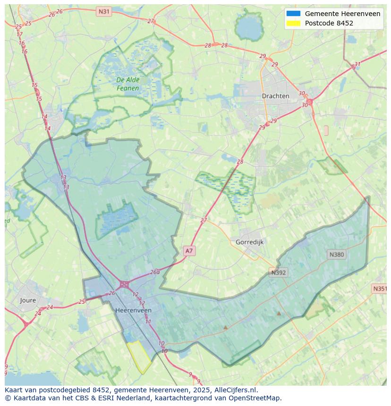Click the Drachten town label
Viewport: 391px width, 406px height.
(275, 96)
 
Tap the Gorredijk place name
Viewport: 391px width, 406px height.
(249, 242)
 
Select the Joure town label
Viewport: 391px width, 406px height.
(28, 300)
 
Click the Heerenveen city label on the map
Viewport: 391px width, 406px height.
(134, 310)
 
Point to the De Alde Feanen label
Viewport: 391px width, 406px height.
(127, 84)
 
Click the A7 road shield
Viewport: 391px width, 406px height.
(189, 251)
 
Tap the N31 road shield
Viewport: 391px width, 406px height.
(103, 11)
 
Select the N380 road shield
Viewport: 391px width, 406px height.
(336, 255)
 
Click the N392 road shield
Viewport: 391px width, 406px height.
(279, 273)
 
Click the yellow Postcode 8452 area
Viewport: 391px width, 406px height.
(139, 356)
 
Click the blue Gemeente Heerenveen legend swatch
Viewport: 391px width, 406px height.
(293, 14)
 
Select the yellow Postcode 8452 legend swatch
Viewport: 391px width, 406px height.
(293, 23)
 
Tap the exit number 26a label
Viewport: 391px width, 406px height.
(155, 272)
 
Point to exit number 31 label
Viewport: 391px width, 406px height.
(357, 64)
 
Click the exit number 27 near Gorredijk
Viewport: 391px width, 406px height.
(204, 220)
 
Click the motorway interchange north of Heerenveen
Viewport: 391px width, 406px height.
(125, 284)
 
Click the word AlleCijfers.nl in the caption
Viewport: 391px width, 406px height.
(234, 390)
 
